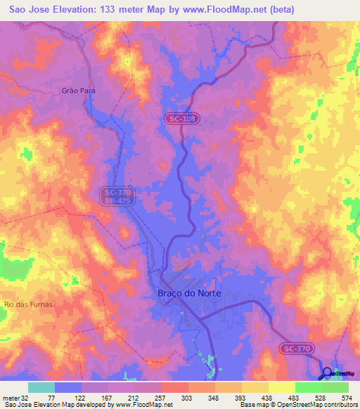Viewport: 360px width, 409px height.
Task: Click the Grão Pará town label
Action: point(78,91)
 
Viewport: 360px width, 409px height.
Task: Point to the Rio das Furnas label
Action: point(28,304)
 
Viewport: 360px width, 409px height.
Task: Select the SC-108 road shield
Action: point(182,119)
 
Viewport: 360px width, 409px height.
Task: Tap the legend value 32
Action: point(26,397)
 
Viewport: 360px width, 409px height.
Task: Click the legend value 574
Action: point(348,397)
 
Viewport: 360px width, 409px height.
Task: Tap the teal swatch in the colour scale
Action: point(41,387)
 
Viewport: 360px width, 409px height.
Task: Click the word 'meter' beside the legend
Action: point(11,397)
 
